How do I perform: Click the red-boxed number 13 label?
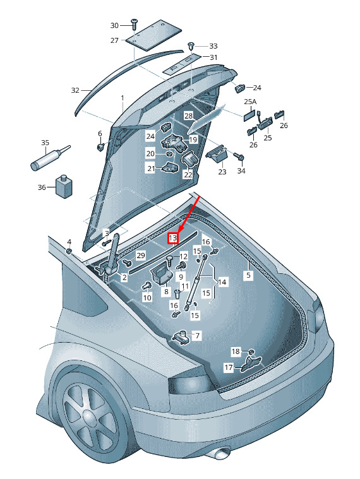(173, 238)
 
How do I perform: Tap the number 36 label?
(42, 187)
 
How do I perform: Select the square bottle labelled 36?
(64, 186)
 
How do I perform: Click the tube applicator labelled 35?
(51, 158)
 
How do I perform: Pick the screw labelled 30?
(135, 23)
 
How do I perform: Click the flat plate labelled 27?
(153, 35)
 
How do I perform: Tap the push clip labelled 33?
(191, 47)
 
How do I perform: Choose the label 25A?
(250, 102)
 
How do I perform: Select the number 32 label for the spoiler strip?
(75, 90)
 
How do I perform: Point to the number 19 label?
(193, 139)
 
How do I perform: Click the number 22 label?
(188, 175)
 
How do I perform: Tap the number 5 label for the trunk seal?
(248, 275)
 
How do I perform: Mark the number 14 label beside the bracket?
(222, 281)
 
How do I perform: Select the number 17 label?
(229, 367)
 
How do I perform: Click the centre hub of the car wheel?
(90, 417)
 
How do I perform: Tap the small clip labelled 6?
(100, 147)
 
